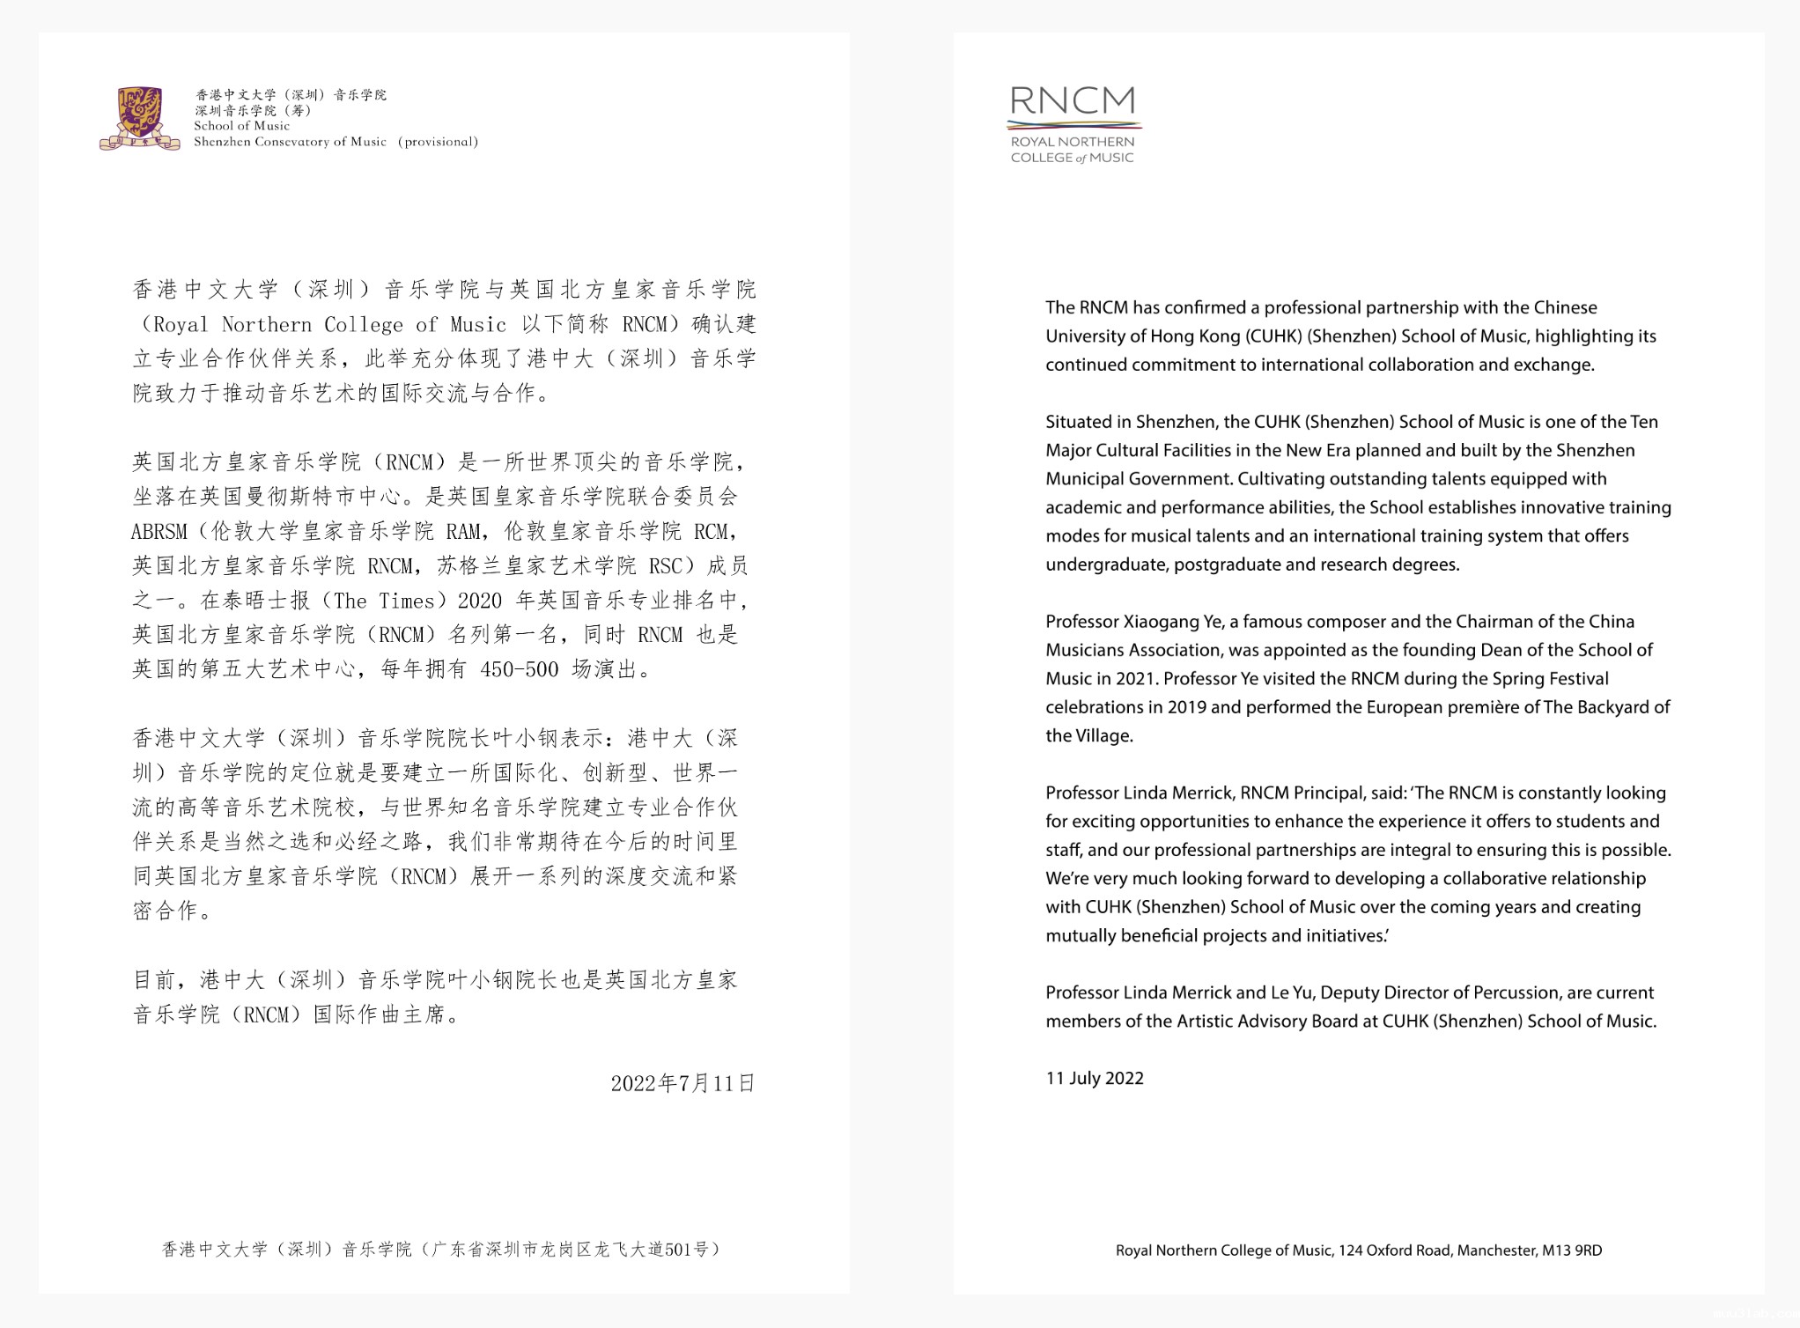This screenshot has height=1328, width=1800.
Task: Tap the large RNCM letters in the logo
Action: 1072,101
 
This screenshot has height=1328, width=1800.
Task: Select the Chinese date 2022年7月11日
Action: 682,1083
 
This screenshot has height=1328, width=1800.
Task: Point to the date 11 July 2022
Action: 1094,1078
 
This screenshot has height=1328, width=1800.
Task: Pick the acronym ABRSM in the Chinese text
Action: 159,532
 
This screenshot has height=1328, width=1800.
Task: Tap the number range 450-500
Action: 520,669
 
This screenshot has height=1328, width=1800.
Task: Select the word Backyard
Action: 1611,707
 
